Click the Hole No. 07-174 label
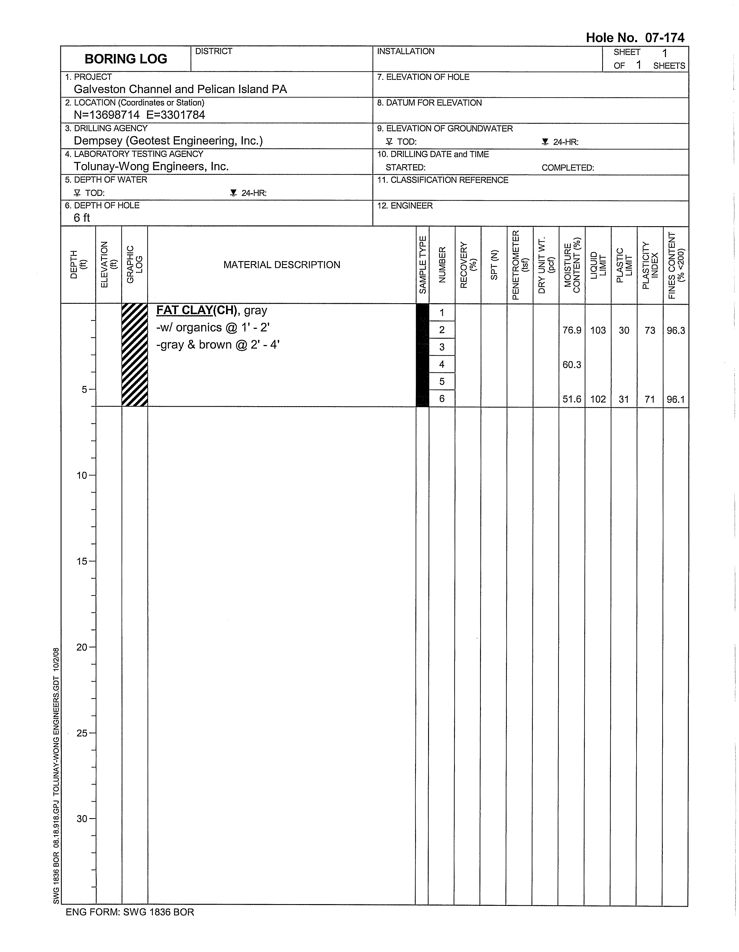pos(635,38)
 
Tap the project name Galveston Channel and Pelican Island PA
pos(180,89)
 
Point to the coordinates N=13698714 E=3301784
pos(139,115)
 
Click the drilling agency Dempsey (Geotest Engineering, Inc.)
pos(168,141)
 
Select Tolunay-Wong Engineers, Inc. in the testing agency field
pos(151,166)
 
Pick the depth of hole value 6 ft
pos(82,218)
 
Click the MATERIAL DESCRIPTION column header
pos(281,265)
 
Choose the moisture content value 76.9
pos(572,330)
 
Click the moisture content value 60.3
pos(572,365)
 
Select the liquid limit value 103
pos(598,330)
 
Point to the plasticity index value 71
pos(650,399)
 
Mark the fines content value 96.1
pos(676,399)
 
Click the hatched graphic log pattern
pos(135,355)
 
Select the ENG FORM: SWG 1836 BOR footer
pos(130,912)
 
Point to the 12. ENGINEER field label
pos(405,206)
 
